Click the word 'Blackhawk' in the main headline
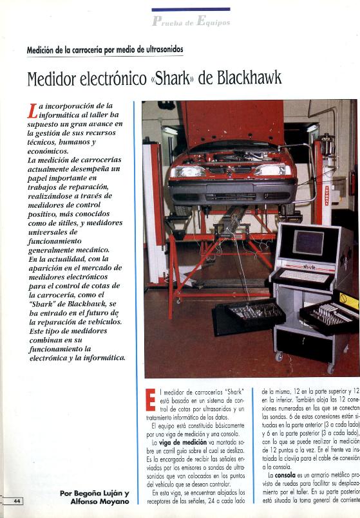click(x=248, y=79)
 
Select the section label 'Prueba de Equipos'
click(x=191, y=22)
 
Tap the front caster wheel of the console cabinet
click(x=279, y=356)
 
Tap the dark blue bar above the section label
click(x=191, y=10)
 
